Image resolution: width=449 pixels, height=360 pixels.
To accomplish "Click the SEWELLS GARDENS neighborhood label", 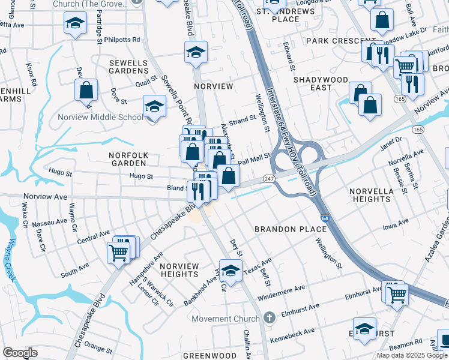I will (x=133, y=67).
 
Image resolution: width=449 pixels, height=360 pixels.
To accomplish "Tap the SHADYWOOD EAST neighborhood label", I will (x=321, y=83).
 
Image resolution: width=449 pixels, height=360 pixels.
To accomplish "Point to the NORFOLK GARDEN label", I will (x=128, y=159).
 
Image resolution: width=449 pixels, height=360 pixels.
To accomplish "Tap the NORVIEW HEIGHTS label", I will (x=179, y=270).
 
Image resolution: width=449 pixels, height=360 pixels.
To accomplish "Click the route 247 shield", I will (x=270, y=179).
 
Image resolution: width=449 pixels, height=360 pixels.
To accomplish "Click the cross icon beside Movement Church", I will (x=270, y=316).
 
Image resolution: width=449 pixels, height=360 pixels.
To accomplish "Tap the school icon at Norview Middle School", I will (x=154, y=107).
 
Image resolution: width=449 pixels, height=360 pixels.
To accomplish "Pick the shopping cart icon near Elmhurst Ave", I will (x=397, y=294).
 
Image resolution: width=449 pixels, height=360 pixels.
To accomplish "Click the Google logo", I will (x=20, y=353).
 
